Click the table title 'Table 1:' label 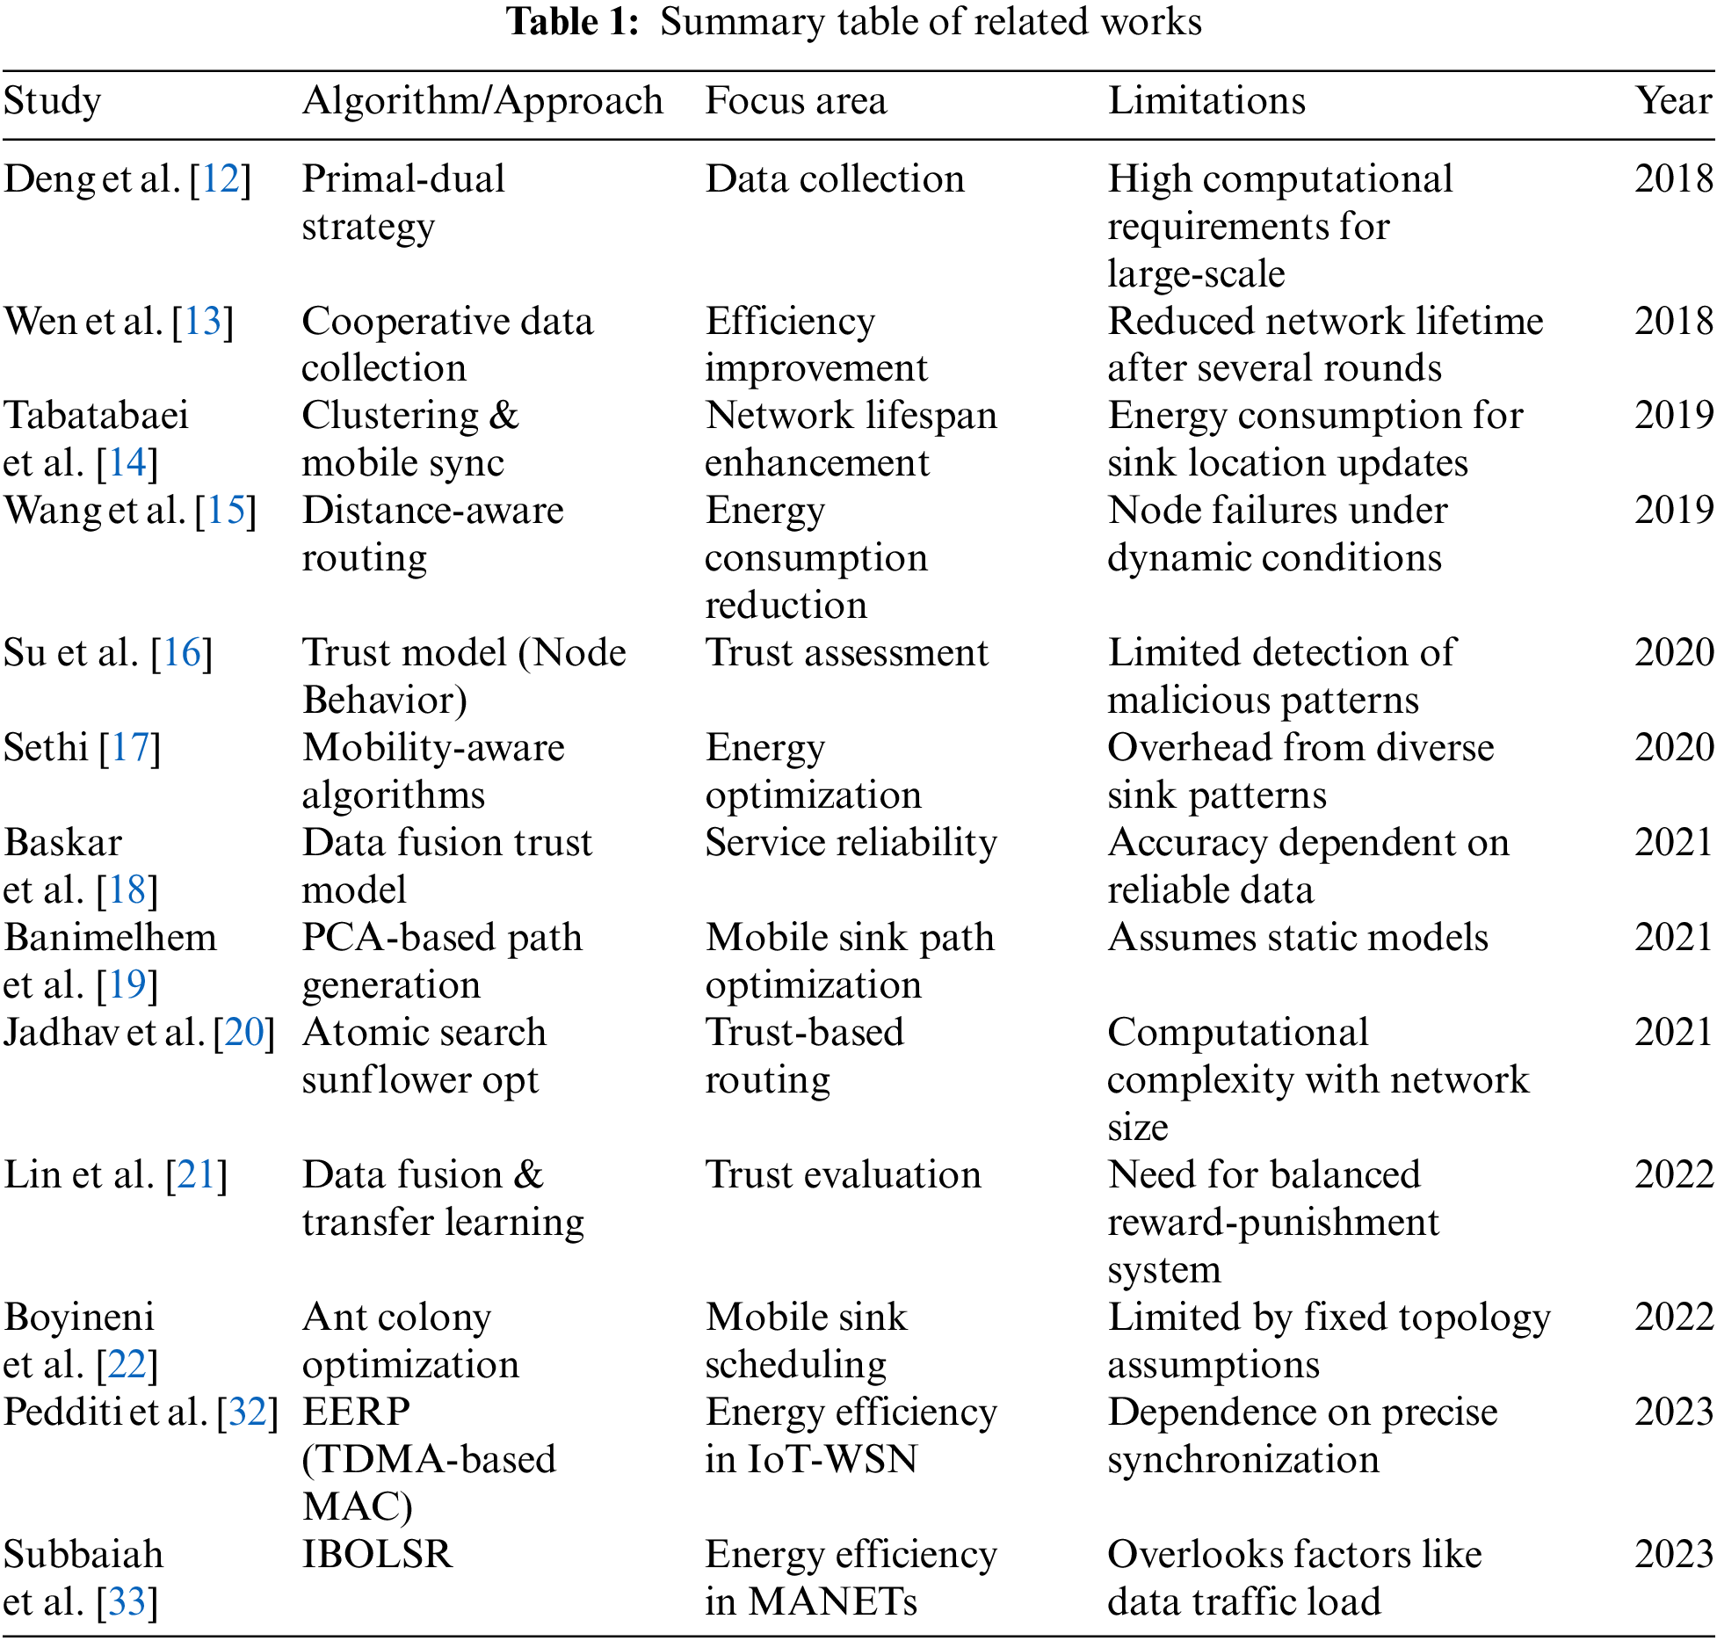point(573,22)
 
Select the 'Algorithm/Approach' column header point(482,101)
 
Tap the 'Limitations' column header point(1206,101)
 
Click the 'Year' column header point(1673,101)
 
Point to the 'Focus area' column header point(796,101)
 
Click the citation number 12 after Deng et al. point(221,179)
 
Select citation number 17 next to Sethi point(130,748)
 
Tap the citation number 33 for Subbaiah point(127,1602)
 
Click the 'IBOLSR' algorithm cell point(377,1555)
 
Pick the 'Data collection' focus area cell point(835,179)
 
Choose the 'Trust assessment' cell point(846,653)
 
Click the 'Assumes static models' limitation point(1298,938)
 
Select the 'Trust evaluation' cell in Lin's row point(843,1175)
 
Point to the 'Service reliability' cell point(851,843)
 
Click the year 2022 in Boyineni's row point(1673,1318)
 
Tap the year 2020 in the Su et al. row point(1673,653)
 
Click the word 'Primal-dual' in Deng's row point(403,179)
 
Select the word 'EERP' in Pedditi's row point(356,1412)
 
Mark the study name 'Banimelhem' point(110,938)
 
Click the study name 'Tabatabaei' point(97,416)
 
